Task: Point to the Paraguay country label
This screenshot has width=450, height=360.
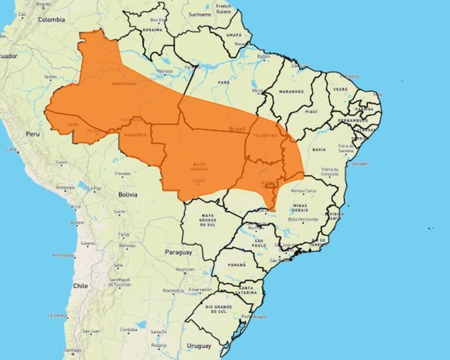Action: click(x=179, y=252)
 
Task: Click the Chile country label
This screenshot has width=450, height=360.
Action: click(x=80, y=286)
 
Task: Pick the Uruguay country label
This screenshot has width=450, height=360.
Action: click(x=199, y=346)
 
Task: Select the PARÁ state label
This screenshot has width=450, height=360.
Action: click(x=224, y=83)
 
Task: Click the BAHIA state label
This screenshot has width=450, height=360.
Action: click(x=319, y=150)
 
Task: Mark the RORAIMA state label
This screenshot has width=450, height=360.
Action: click(x=152, y=29)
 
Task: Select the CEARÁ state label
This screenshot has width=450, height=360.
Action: click(x=340, y=89)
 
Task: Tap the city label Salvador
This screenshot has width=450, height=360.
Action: click(x=359, y=164)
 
